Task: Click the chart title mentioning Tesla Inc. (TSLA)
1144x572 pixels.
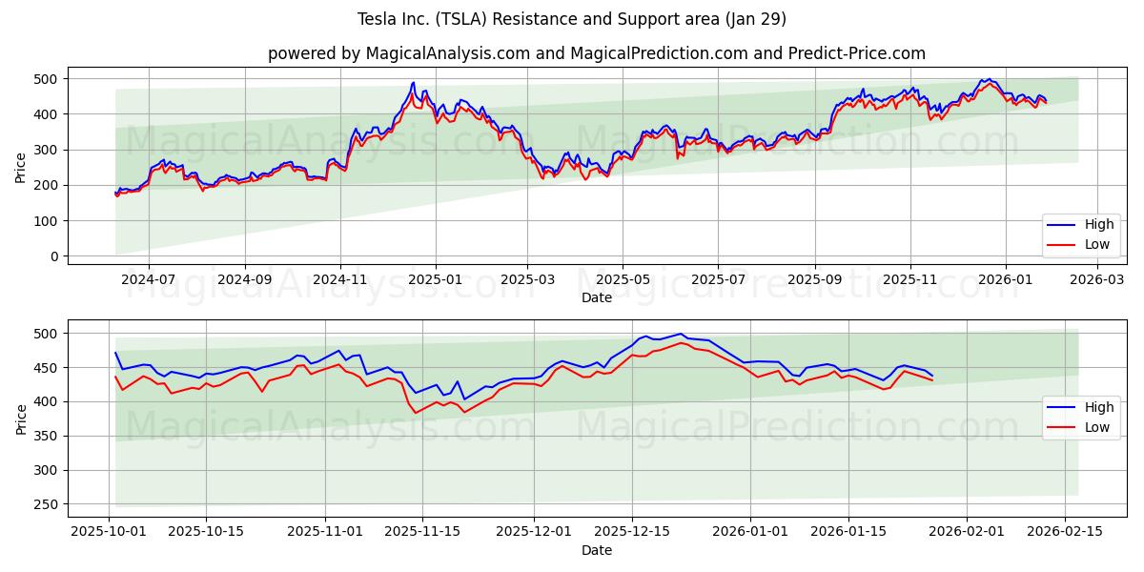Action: pyautogui.click(x=571, y=19)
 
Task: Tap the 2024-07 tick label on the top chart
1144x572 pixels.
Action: pyautogui.click(x=149, y=280)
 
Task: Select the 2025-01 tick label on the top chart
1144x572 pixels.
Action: pyautogui.click(x=435, y=280)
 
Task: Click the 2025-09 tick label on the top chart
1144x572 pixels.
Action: pyautogui.click(x=815, y=280)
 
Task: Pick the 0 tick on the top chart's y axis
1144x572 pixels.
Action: pyautogui.click(x=54, y=256)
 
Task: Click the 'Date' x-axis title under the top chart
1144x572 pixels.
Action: pyautogui.click(x=597, y=297)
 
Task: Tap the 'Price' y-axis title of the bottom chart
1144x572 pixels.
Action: pyautogui.click(x=22, y=419)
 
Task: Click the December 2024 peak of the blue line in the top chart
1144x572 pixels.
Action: pyautogui.click(x=413, y=82)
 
